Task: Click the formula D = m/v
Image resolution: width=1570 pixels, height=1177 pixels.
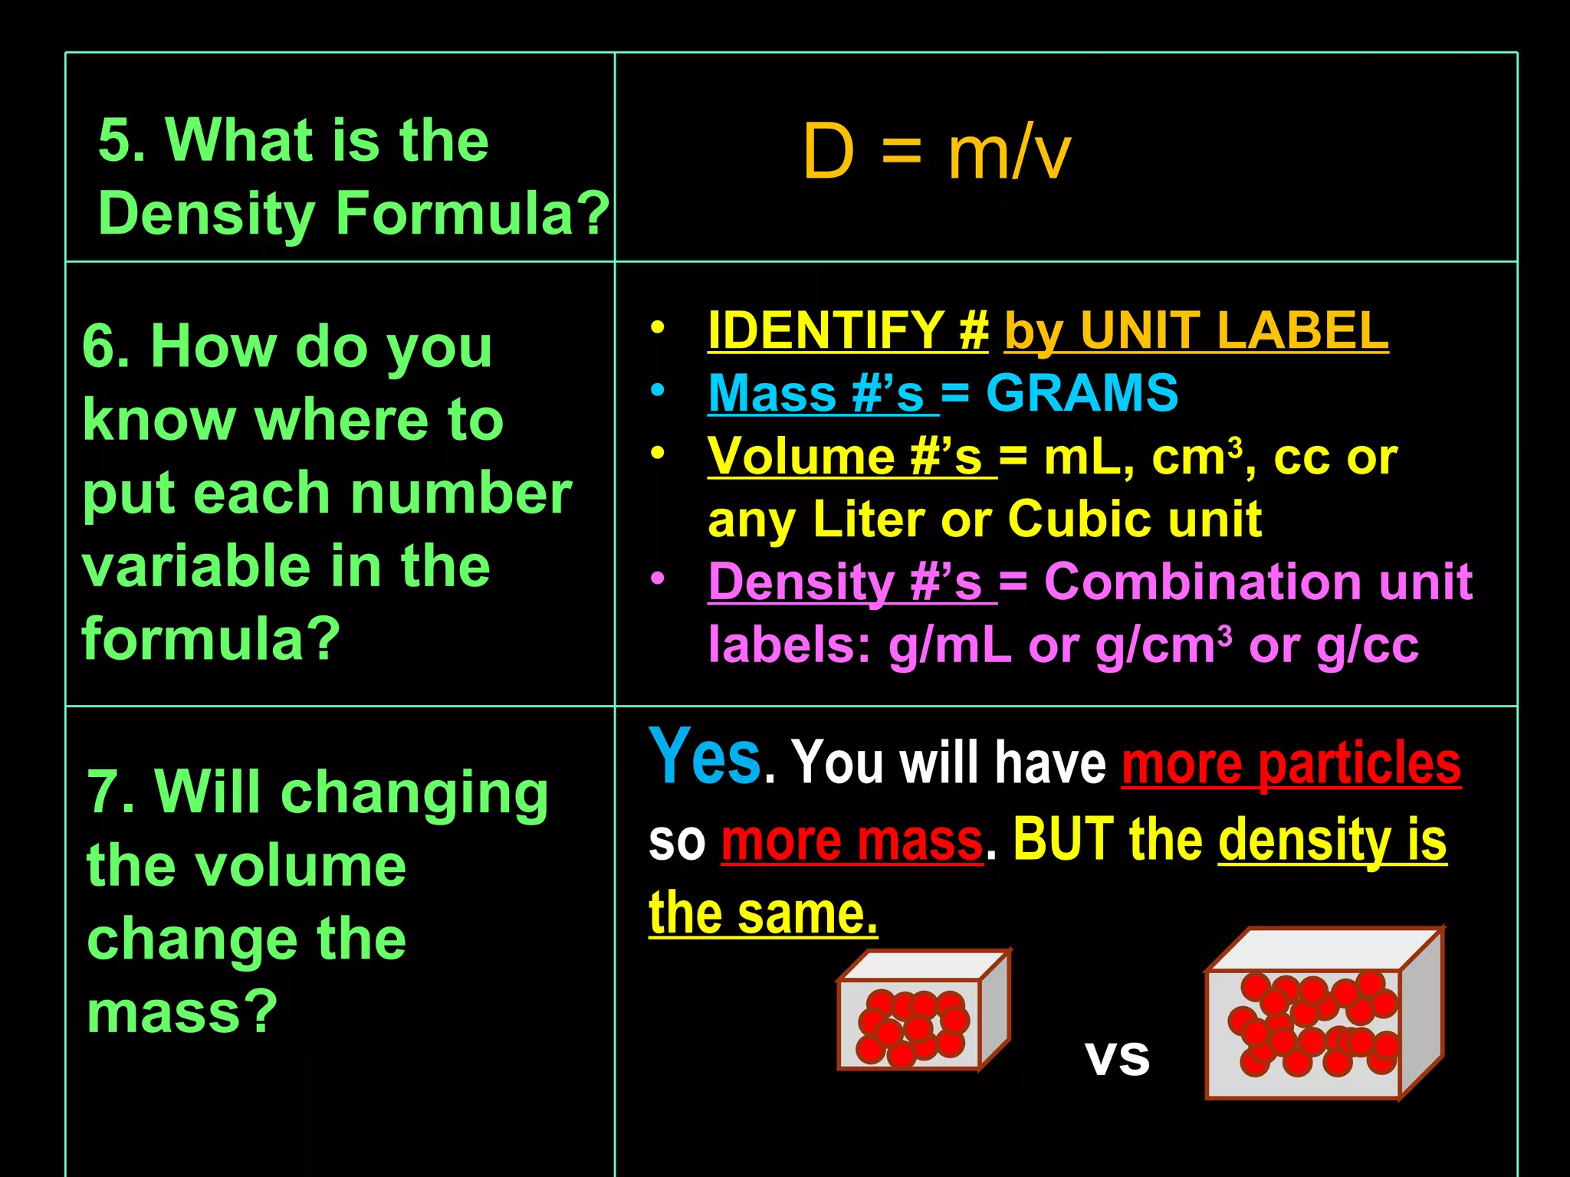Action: [936, 152]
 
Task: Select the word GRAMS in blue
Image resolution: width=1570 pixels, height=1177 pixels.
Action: [1082, 393]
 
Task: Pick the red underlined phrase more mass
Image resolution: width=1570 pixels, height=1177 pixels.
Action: [852, 840]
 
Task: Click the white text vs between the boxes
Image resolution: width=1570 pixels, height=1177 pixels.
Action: [1117, 1058]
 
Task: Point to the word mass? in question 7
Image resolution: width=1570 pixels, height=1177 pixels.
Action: [182, 1011]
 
